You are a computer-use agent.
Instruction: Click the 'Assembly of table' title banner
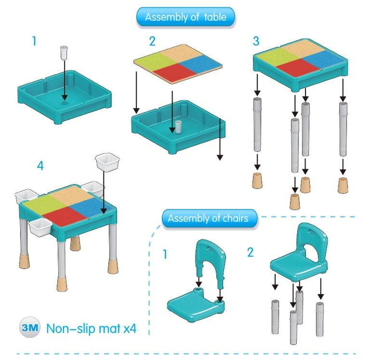pos(185,17)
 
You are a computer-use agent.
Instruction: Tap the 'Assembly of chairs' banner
pos(209,218)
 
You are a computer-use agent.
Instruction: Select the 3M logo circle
pos(30,327)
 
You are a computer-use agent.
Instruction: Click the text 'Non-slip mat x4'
pos(91,328)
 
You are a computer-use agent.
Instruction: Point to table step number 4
pos(40,166)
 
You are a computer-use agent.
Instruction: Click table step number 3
pos(256,41)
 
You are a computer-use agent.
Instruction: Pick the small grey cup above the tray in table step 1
pos(64,53)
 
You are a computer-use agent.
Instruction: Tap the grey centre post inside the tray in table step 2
pos(178,126)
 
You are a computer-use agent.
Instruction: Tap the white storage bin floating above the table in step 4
pos(107,162)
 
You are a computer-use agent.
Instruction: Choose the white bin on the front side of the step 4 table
pos(40,227)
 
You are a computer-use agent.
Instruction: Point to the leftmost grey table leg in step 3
pos(257,124)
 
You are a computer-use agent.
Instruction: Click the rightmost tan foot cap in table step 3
pos(343,185)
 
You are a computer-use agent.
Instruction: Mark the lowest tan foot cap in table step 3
pos(295,201)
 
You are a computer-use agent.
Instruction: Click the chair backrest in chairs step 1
pos(211,263)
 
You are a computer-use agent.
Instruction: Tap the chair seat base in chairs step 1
pos(196,305)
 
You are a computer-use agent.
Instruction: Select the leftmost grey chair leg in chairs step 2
pos(275,317)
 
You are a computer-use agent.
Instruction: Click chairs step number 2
pos(250,253)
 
